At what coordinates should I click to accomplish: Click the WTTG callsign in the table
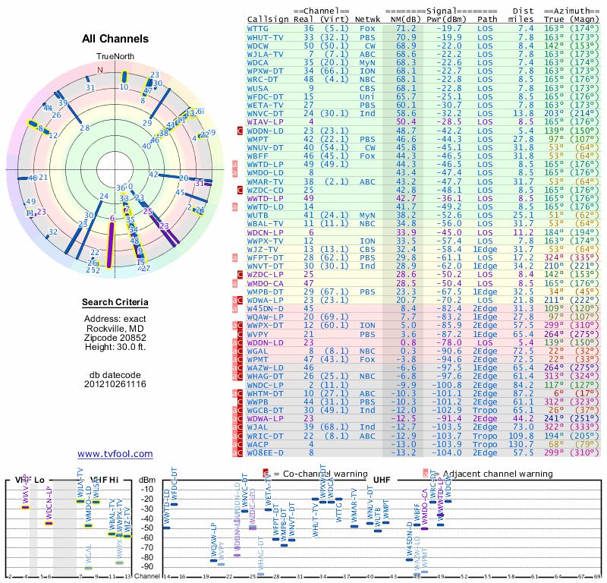click(x=258, y=28)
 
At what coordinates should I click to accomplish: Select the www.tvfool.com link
click(x=115, y=454)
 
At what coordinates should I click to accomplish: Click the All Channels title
click(x=115, y=39)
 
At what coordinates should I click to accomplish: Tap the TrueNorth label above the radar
click(x=114, y=57)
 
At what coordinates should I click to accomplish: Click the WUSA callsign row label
click(x=258, y=88)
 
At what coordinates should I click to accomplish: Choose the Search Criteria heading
click(x=115, y=303)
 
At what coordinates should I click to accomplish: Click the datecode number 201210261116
click(x=115, y=384)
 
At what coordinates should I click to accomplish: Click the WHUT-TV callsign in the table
click(x=265, y=36)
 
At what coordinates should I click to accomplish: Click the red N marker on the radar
click(x=99, y=70)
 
